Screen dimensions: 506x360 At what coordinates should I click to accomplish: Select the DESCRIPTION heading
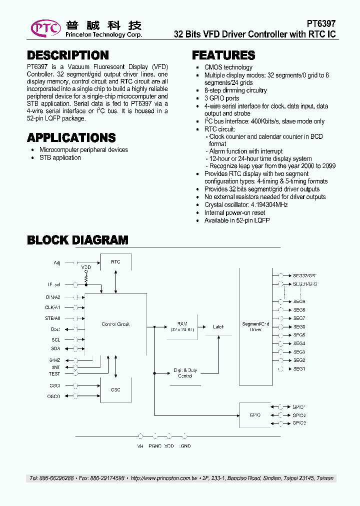coord(68,55)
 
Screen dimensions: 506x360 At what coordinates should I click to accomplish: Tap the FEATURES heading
coord(223,55)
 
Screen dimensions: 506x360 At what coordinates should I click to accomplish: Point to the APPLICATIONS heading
coord(71,137)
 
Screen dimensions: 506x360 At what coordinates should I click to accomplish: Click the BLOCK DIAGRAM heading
coord(77,240)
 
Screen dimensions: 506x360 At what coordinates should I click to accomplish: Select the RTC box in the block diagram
coord(115,262)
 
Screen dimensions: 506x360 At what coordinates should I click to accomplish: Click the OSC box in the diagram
coord(115,389)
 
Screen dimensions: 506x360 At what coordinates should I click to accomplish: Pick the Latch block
coord(218,327)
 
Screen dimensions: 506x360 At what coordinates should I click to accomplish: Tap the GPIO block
coord(254,414)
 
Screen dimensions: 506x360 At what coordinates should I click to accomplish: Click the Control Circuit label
coord(115,324)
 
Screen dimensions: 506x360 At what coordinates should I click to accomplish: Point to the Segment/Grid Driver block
coord(255,326)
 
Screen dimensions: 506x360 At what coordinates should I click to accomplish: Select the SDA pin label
coord(55,348)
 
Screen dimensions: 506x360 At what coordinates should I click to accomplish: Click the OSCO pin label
coord(54,396)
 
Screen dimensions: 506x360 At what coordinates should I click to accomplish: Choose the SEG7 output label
coord(299,318)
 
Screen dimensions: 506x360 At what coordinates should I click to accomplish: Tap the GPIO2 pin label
coord(299,415)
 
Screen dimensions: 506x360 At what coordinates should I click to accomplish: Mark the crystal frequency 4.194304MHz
coord(267,204)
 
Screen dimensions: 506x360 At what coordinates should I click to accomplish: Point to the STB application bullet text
coord(60,157)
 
